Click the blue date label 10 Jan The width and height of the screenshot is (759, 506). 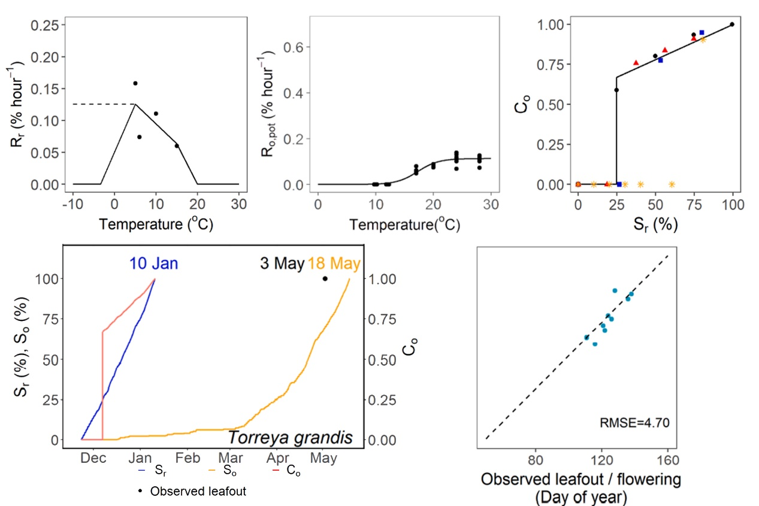point(154,263)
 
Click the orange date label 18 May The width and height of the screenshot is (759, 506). point(334,263)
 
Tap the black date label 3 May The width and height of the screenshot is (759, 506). point(282,263)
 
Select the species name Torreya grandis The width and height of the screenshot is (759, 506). point(296,438)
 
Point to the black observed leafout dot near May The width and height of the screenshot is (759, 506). point(325,278)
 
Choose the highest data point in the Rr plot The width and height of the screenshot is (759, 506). point(135,83)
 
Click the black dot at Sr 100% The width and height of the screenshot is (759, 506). point(732,25)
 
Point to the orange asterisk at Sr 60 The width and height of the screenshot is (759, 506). point(672,184)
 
